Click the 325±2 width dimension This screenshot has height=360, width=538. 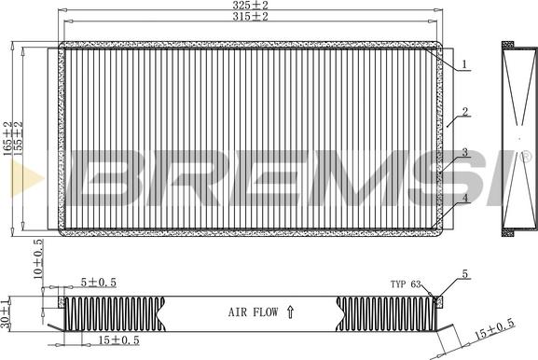pos(250,6)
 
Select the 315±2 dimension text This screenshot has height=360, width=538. pos(250,16)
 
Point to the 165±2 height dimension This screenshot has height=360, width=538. pos(7,138)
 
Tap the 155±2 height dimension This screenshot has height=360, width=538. pos(18,138)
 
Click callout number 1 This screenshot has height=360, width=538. pos(464,64)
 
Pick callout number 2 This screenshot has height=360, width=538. pos(465,112)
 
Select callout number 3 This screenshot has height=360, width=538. pos(465,152)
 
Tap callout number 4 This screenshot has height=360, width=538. pos(465,198)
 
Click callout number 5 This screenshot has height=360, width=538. pos(465,274)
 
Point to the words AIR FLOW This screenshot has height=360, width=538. pos(254,312)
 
